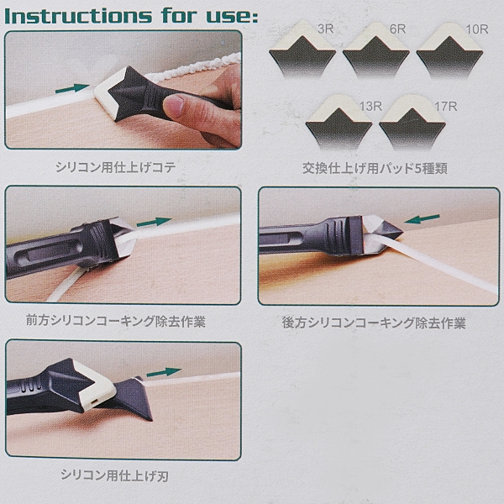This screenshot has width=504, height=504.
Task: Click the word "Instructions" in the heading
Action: pyautogui.click(x=78, y=15)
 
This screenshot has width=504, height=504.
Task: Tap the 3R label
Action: pyautogui.click(x=326, y=29)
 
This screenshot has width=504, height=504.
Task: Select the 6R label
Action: pyautogui.click(x=398, y=29)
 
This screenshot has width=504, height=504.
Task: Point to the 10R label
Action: pyautogui.click(x=477, y=29)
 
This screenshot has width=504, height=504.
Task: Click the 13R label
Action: pyautogui.click(x=370, y=106)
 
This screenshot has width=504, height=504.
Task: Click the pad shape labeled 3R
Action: pyautogui.click(x=302, y=50)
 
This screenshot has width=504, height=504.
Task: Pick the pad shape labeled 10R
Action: pyautogui.click(x=449, y=50)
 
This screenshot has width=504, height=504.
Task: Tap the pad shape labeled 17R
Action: pyautogui.click(x=412, y=123)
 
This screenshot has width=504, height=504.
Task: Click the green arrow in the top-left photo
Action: pyautogui.click(x=72, y=88)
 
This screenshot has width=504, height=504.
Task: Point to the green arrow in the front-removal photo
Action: pyautogui.click(x=154, y=222)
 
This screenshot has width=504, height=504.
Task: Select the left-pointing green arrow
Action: pyautogui.click(x=422, y=219)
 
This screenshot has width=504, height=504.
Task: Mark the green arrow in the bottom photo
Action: pyautogui.click(x=164, y=372)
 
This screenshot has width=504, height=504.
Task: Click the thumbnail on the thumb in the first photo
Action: pyautogui.click(x=174, y=106)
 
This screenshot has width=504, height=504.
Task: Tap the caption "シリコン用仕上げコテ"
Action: pyautogui.click(x=115, y=167)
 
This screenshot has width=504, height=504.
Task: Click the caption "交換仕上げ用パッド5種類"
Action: pyautogui.click(x=375, y=168)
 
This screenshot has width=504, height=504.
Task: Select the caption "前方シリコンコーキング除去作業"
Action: pyautogui.click(x=116, y=321)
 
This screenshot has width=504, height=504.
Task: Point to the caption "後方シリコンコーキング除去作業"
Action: pyautogui.click(x=374, y=323)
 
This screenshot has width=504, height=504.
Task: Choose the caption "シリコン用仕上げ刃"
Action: pyautogui.click(x=114, y=475)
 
